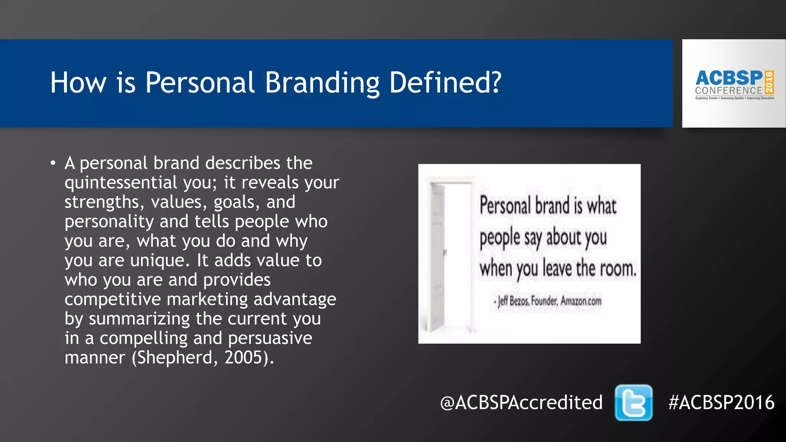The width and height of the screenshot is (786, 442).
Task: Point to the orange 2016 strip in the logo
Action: point(769,82)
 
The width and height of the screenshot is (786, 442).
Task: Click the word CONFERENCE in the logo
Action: point(728,91)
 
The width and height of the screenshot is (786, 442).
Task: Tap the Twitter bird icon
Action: point(633,402)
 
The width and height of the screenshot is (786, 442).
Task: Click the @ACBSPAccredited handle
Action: point(521,402)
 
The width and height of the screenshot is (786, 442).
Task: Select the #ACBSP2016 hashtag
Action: point(721,402)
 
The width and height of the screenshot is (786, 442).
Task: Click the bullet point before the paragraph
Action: point(53,163)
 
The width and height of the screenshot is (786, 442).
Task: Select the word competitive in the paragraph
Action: point(112,299)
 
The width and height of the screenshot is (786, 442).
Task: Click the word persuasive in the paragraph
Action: point(270,338)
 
